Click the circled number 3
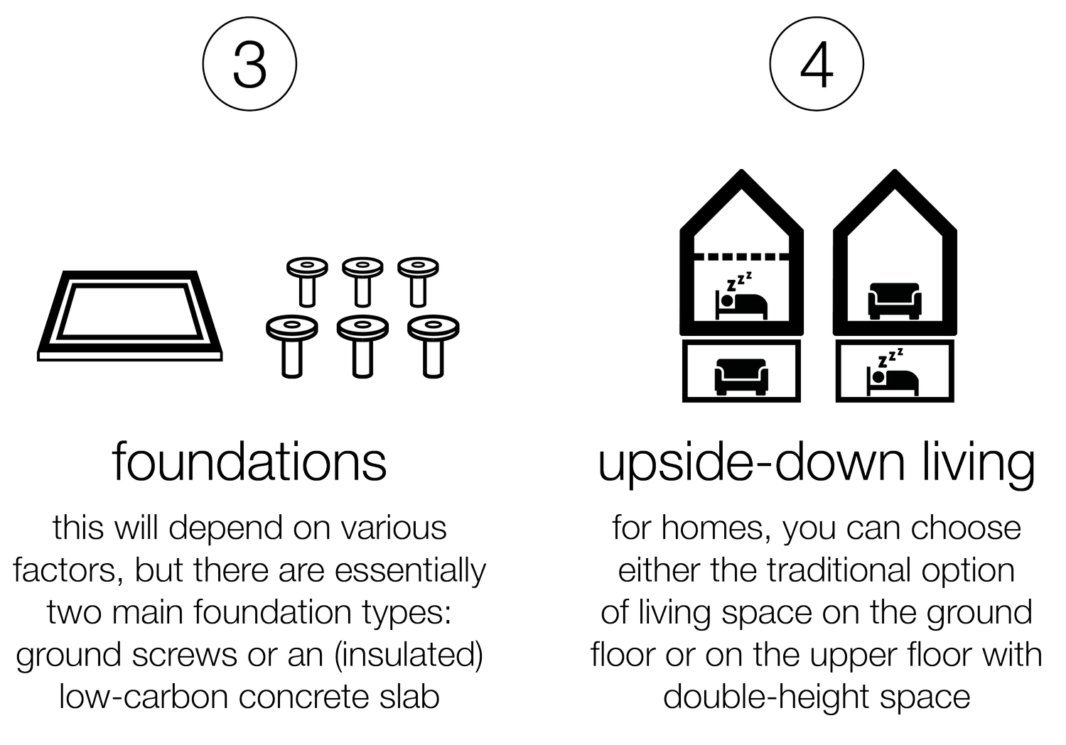pyautogui.click(x=249, y=64)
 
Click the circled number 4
pyautogui.click(x=817, y=64)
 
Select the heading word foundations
pyautogui.click(x=249, y=462)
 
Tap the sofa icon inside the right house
pyautogui.click(x=895, y=300)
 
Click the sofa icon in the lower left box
pyautogui.click(x=741, y=377)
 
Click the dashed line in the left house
pyautogui.click(x=741, y=257)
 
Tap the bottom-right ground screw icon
pyautogui.click(x=433, y=346)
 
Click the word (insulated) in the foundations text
pyautogui.click(x=409, y=655)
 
